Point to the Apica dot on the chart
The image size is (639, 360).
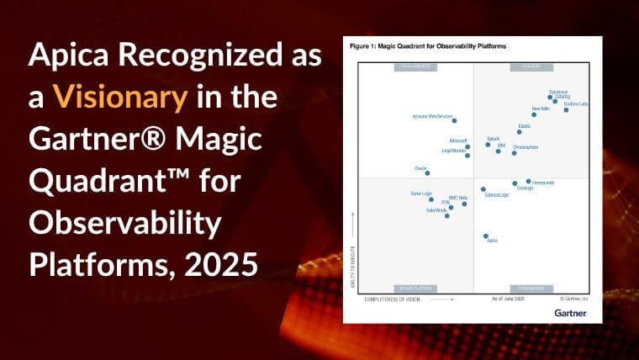click(485, 236)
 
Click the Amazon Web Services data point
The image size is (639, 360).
click(454, 121)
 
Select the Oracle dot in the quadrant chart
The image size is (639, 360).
click(427, 172)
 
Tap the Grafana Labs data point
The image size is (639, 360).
click(566, 109)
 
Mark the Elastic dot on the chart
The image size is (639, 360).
click(520, 132)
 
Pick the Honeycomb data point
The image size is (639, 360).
click(529, 181)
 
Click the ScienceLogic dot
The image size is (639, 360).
click(483, 189)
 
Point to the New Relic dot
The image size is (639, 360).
click(534, 114)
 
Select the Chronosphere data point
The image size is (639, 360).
click(514, 152)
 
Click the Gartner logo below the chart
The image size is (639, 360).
click(570, 312)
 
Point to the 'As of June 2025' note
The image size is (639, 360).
click(507, 299)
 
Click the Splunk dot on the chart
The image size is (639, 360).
click(488, 144)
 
